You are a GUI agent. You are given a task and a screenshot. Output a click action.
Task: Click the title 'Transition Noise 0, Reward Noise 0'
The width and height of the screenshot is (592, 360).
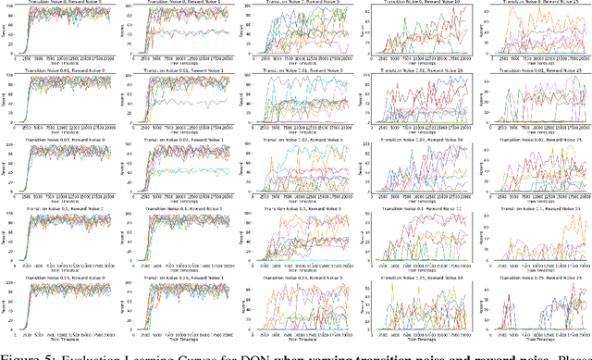(x=63, y=4)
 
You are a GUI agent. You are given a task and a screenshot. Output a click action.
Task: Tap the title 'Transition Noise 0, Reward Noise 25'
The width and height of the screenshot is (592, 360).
(x=535, y=4)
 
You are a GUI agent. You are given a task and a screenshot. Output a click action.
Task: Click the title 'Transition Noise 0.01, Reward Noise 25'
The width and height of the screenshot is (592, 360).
(x=535, y=70)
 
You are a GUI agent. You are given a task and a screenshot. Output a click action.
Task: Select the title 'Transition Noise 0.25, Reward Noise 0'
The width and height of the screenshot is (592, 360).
(x=63, y=279)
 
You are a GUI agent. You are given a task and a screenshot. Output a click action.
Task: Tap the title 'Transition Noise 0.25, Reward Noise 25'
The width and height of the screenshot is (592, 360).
(x=535, y=279)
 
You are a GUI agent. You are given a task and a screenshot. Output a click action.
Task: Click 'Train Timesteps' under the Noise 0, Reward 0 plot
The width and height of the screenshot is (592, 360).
(x=63, y=60)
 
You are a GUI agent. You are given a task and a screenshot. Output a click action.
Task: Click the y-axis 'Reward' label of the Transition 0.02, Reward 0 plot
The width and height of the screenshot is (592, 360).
(x=4, y=170)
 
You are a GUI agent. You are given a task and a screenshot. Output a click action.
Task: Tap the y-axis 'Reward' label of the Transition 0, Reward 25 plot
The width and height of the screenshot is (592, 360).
(x=479, y=32)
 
